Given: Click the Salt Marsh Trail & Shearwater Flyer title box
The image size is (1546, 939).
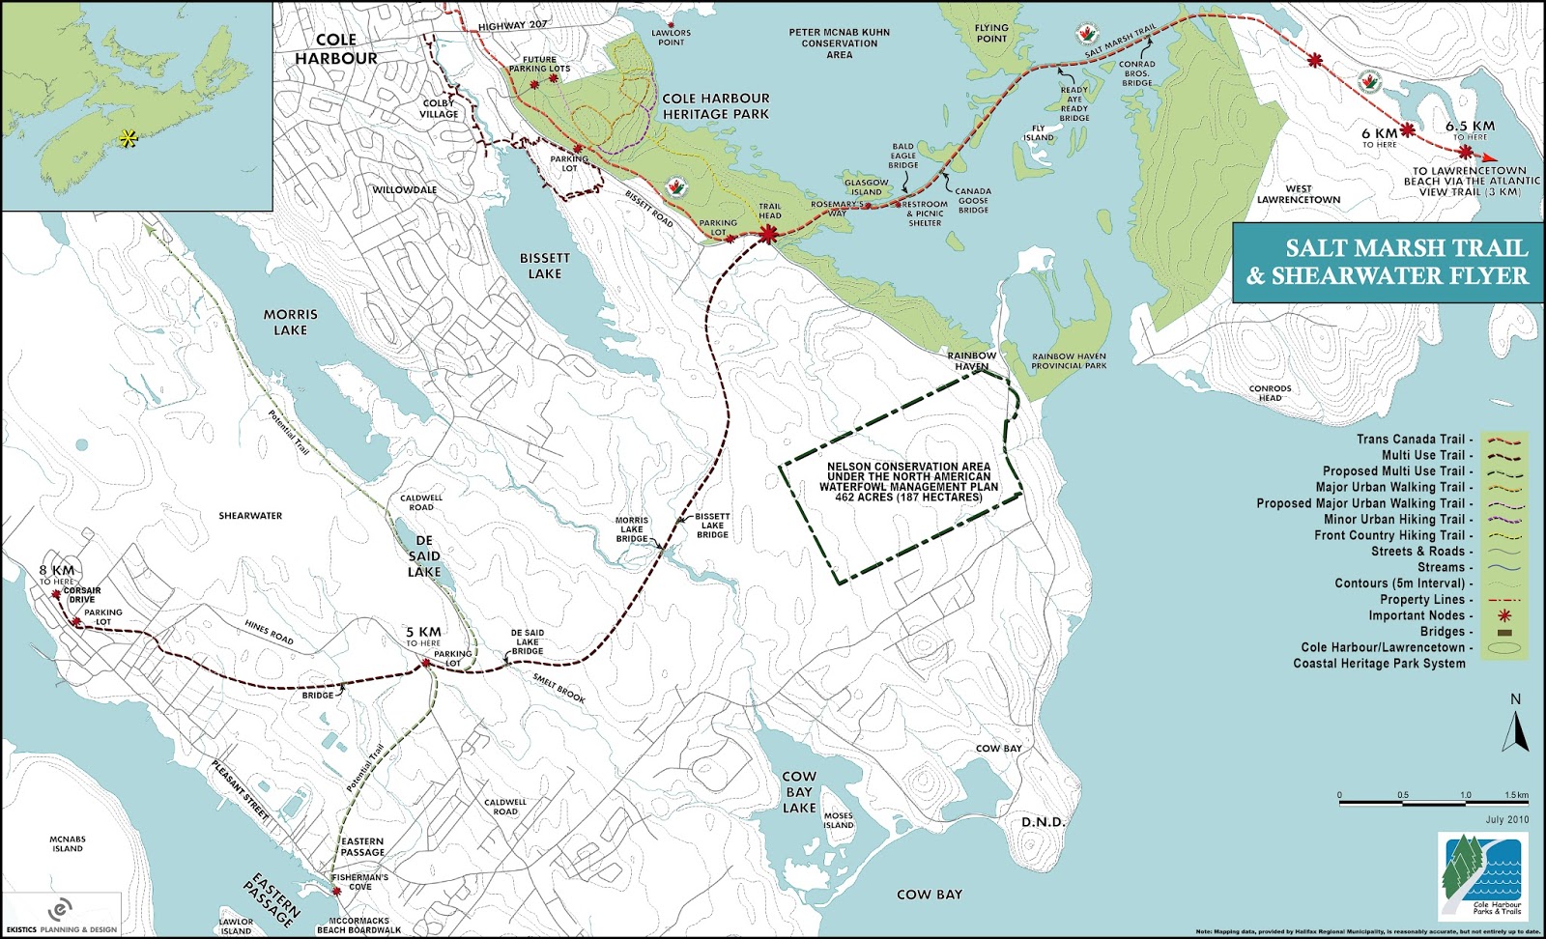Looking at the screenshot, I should pyautogui.click(x=1388, y=262).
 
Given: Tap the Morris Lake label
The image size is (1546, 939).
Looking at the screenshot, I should pyautogui.click(x=290, y=322).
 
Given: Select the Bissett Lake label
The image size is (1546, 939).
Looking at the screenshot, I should pyautogui.click(x=545, y=266).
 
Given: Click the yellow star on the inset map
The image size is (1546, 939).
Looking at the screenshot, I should pyautogui.click(x=128, y=139).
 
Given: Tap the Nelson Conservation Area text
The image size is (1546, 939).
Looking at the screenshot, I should pyautogui.click(x=908, y=482).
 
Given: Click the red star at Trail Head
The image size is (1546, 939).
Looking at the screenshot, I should pyautogui.click(x=770, y=234).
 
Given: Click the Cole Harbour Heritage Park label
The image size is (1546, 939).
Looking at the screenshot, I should pyautogui.click(x=716, y=105).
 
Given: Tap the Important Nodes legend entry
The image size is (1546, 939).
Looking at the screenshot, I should pyautogui.click(x=1420, y=615).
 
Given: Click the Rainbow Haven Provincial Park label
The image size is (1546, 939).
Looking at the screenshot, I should pyautogui.click(x=1068, y=360).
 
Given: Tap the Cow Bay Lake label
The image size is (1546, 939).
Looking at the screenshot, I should pyautogui.click(x=799, y=791).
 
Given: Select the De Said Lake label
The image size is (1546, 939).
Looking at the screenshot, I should pyautogui.click(x=424, y=555).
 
